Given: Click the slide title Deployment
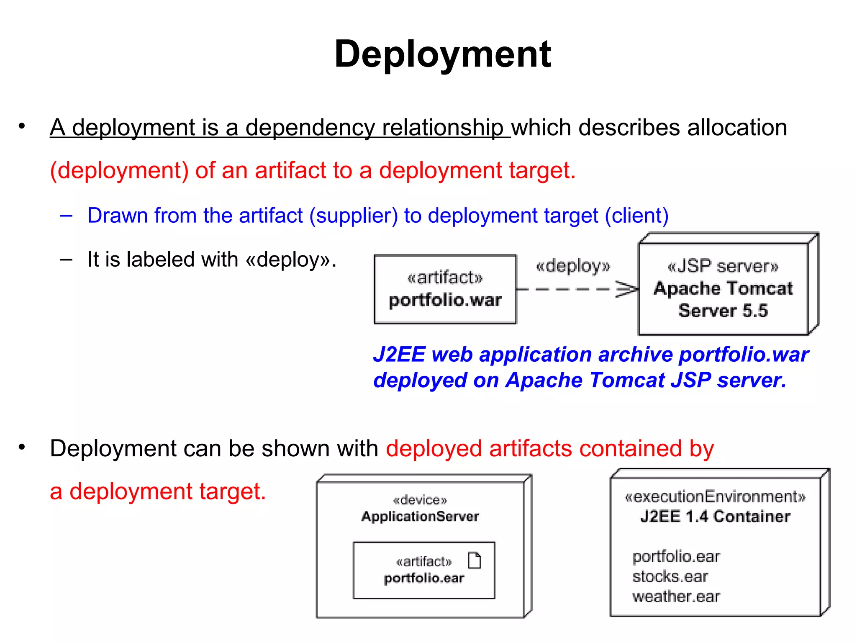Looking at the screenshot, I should (x=442, y=54).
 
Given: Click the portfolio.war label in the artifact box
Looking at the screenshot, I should (x=445, y=300).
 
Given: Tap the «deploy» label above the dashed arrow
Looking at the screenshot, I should (x=573, y=266).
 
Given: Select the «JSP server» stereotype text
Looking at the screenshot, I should (x=723, y=266).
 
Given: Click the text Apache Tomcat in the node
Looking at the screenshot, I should (x=723, y=288).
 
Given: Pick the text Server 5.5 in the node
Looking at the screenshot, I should (x=723, y=311).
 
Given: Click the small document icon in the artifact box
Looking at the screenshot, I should (x=475, y=561).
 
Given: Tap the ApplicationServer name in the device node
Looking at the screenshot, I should (x=420, y=517).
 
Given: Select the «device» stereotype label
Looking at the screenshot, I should (x=420, y=500).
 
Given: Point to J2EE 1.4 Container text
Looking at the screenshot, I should (x=715, y=517).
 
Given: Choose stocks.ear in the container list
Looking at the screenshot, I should (x=670, y=577).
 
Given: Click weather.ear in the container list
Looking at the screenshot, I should (x=676, y=597).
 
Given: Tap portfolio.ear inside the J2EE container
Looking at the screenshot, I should (x=676, y=557).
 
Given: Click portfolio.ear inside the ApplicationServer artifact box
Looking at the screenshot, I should (x=424, y=578).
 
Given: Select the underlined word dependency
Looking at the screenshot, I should (x=310, y=128).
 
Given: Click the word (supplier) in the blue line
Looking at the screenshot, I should (x=354, y=216).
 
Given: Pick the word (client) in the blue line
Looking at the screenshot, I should (x=636, y=216).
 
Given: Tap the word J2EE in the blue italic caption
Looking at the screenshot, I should (x=399, y=355).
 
